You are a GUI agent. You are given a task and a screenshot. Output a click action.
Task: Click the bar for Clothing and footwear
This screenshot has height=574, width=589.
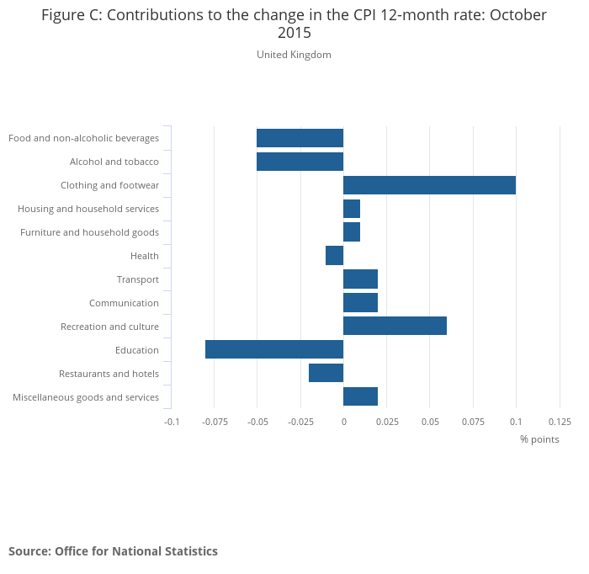click(429, 185)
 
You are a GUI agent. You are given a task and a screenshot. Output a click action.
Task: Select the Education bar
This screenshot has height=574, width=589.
click(274, 350)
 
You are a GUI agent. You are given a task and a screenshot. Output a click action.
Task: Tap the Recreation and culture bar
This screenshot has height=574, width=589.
click(395, 327)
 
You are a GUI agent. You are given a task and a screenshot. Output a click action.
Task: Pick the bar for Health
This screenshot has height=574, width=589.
click(334, 256)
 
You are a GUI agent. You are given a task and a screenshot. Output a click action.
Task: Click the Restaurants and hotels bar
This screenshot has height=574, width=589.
click(326, 374)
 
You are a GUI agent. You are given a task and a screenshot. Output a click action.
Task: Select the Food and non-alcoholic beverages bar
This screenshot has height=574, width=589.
click(300, 138)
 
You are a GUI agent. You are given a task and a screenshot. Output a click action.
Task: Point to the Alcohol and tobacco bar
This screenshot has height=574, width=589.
click(300, 162)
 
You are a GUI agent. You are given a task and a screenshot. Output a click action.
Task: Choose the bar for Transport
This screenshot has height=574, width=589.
click(360, 279)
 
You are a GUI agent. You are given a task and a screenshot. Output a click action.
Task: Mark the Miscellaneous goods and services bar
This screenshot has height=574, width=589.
click(360, 397)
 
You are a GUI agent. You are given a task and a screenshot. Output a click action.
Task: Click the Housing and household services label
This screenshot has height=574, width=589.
click(88, 209)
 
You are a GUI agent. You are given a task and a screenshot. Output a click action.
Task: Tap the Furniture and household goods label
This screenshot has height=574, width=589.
click(89, 232)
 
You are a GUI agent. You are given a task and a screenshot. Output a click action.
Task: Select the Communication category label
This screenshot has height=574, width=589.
click(124, 303)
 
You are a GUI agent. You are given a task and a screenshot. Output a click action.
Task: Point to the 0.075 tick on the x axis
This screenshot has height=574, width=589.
click(473, 421)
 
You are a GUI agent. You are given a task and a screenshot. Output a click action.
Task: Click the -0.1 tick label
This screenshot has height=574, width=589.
click(172, 421)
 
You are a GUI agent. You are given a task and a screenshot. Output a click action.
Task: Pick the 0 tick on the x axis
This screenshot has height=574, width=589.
click(343, 421)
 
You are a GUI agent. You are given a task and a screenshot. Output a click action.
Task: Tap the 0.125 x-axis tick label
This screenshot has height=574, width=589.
click(560, 421)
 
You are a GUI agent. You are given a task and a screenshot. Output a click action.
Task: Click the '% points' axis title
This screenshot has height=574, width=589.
click(539, 439)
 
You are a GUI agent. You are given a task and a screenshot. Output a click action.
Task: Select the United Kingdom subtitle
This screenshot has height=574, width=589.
click(294, 55)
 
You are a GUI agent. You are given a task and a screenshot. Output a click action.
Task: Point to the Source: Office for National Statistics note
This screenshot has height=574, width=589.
click(113, 551)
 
